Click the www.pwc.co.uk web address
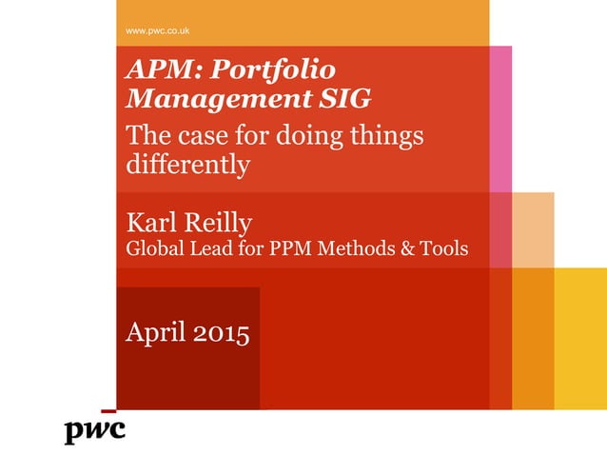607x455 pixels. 158,30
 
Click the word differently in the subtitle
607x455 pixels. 188,165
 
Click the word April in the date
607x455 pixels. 158,335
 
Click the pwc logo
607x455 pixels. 95,431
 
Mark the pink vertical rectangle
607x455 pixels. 500,118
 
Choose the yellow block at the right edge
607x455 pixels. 580,338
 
